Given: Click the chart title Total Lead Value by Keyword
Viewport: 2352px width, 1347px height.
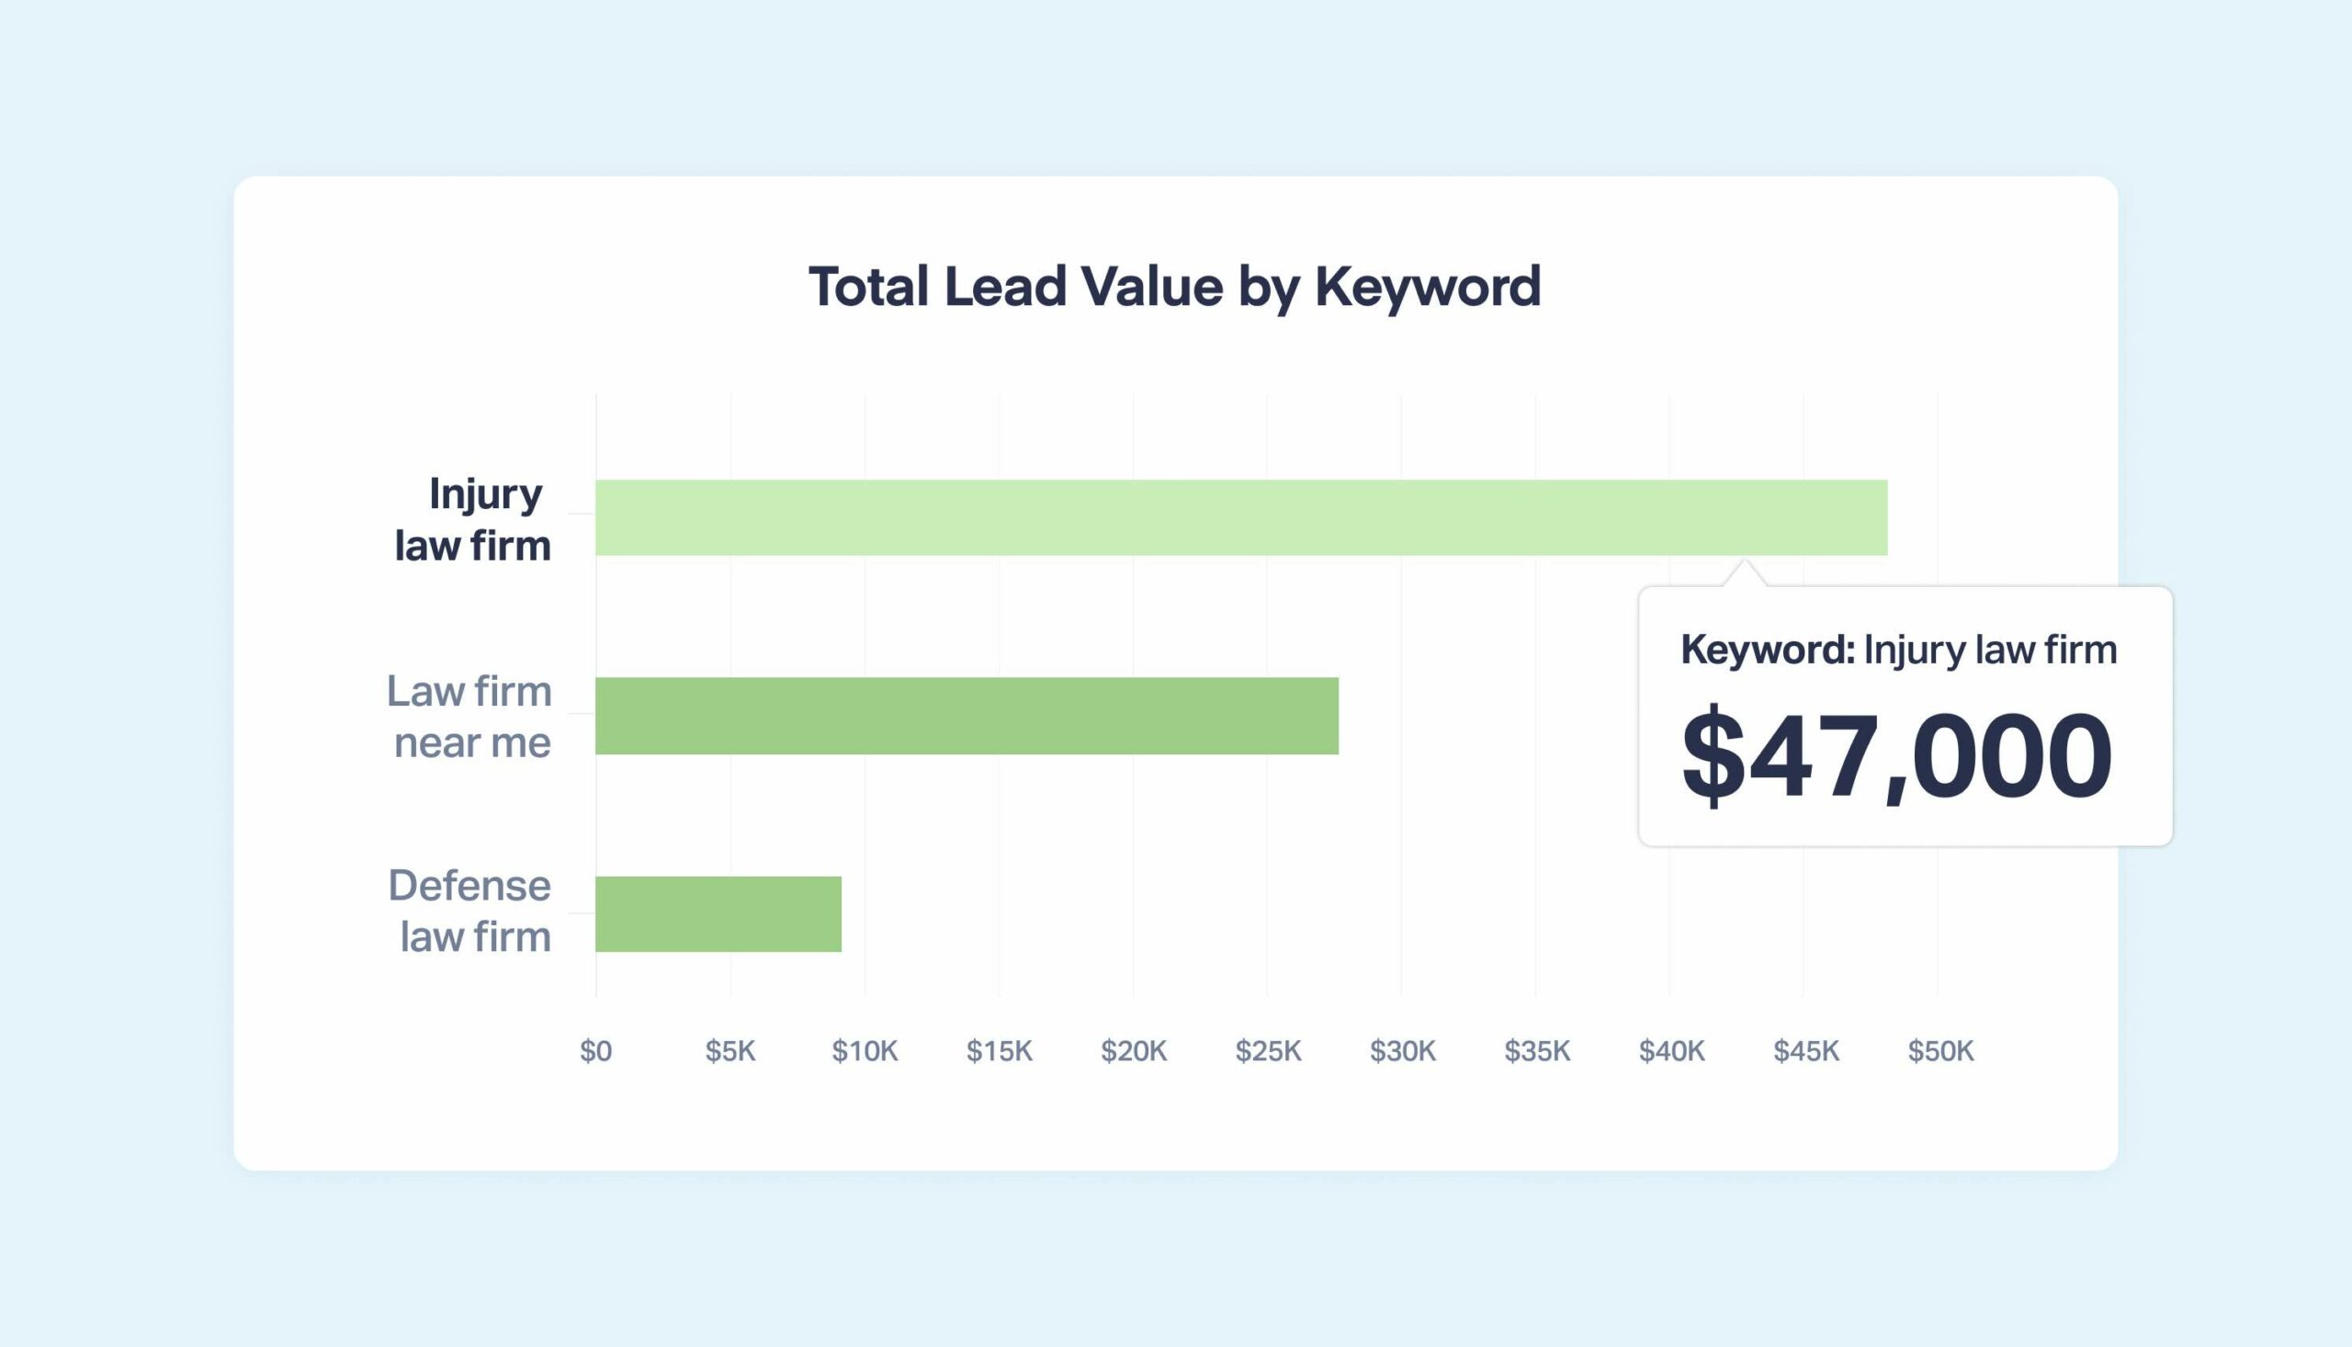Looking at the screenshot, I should click(1174, 286).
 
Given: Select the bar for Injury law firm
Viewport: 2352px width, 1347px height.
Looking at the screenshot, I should click(1240, 518).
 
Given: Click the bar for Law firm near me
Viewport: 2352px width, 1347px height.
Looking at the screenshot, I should click(967, 716).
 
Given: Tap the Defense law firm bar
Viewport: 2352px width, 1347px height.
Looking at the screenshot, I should click(718, 914).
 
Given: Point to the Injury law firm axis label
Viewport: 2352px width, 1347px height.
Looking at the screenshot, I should click(473, 519).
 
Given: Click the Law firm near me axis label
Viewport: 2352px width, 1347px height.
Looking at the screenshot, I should click(469, 716).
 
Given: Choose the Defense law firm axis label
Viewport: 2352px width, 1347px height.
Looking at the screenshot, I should click(469, 911).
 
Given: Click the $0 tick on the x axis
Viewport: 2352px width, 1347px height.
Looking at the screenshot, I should click(595, 1051).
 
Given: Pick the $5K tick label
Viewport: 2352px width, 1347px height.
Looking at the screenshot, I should click(729, 1051).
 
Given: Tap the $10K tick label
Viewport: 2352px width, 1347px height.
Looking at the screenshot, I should click(865, 1051).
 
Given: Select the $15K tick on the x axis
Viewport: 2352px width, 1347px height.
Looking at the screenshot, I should click(999, 1051).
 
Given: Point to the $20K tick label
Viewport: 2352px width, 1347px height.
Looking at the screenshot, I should click(1134, 1051).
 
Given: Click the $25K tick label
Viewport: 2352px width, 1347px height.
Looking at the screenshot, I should click(1268, 1051).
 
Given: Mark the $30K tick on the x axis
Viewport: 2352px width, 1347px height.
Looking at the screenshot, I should click(1402, 1051).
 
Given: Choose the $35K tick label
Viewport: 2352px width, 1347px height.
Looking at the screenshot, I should click(1537, 1051).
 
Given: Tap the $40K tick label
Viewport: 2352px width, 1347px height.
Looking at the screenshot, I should click(1671, 1051).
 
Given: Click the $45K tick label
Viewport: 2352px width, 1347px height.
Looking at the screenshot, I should click(1806, 1051).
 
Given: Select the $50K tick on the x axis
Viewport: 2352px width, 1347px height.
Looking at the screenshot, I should click(1940, 1051).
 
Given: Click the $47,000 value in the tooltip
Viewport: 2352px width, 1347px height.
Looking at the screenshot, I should click(1896, 754).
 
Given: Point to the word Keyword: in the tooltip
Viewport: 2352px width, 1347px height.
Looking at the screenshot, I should click(1768, 650).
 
